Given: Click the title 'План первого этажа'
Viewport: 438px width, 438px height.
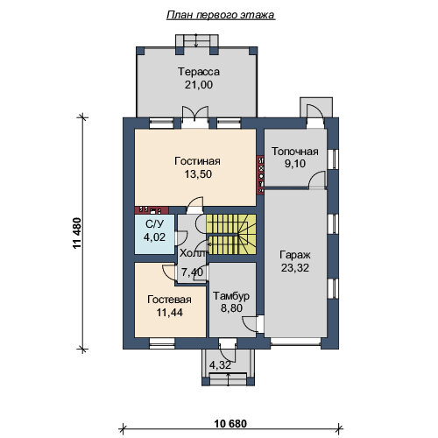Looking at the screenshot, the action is point(221,15).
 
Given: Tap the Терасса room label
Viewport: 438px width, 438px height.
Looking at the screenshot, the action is point(199,72).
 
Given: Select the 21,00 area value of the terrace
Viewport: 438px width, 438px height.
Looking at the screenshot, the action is point(199,85).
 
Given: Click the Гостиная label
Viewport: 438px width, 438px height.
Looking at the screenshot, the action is point(197,161).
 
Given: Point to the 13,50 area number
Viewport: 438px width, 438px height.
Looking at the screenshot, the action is point(198,174).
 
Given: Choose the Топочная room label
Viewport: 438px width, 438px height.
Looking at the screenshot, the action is point(295,152).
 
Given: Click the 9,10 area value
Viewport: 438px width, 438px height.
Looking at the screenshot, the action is point(295,164).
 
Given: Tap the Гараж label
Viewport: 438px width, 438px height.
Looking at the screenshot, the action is point(295,255).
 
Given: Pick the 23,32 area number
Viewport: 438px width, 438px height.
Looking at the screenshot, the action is point(295,268).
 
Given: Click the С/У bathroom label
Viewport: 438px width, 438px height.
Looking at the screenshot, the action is point(155,224).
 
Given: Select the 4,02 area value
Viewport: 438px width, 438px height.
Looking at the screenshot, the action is point(154,237).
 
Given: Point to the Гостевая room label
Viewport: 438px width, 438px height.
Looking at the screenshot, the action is point(169,300).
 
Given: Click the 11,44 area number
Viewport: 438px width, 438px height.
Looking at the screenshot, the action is point(170,313).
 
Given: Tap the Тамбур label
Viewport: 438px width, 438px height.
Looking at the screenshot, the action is point(231,296).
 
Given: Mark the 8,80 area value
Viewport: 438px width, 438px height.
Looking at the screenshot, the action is point(231,308).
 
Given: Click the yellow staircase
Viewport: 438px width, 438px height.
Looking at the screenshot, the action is point(231,235).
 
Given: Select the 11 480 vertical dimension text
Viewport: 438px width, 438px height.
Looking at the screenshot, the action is point(77,233).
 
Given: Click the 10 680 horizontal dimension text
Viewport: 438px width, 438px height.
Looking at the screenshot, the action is point(230,424).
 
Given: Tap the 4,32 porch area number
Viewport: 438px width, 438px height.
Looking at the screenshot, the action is point(221,365).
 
